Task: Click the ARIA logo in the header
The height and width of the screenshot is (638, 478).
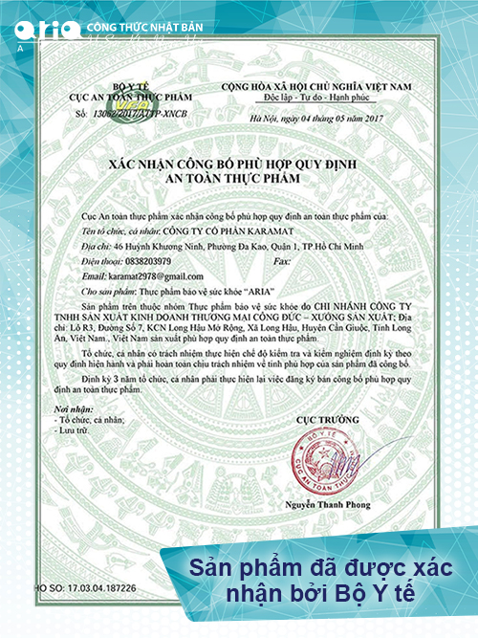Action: (47, 29)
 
